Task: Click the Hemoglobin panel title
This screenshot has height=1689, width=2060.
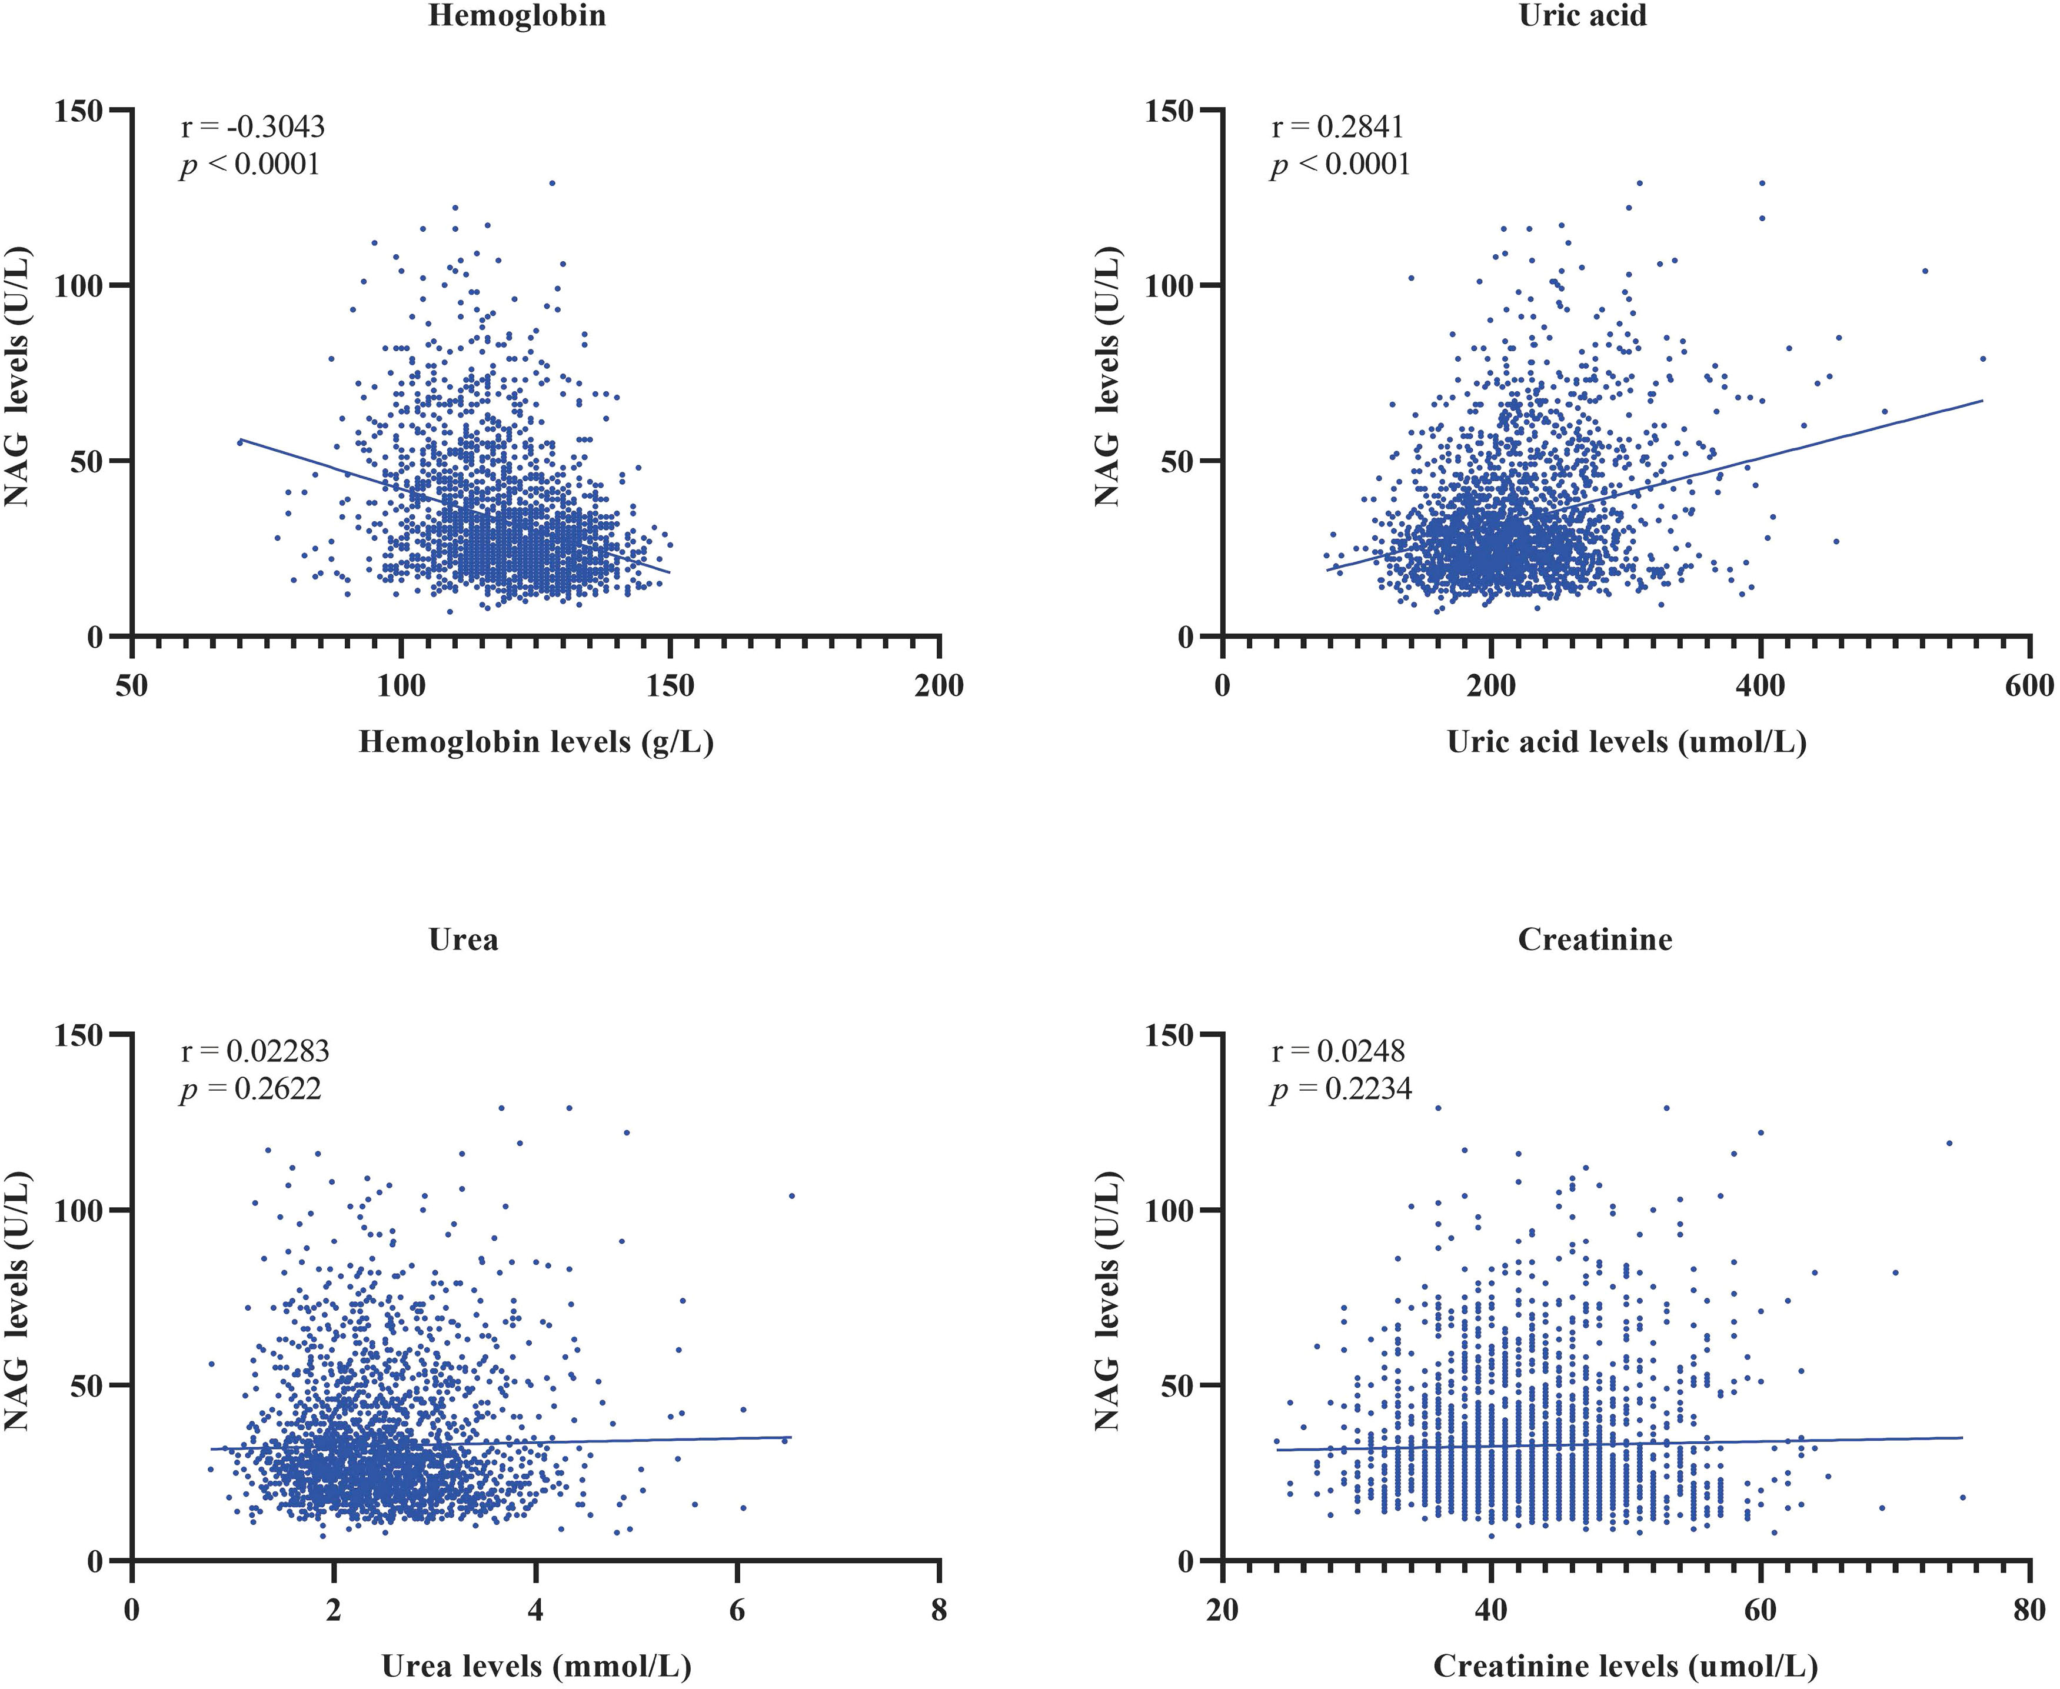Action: (517, 15)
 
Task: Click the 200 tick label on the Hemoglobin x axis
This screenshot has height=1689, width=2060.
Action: (939, 686)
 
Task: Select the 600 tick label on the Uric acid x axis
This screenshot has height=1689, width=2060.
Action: (2029, 686)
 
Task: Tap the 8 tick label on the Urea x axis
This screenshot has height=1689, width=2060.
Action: (939, 1610)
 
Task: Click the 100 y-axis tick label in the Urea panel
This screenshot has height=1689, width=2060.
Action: (77, 1210)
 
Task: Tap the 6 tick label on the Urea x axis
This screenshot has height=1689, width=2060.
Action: (737, 1610)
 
